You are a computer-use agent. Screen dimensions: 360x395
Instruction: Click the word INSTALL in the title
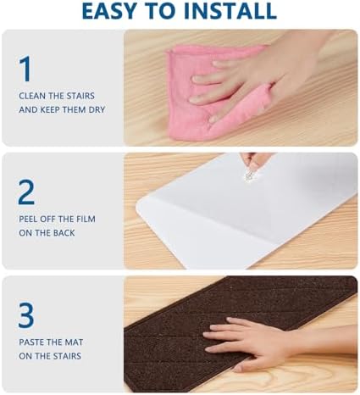(230, 11)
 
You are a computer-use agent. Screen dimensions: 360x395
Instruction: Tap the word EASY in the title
(108, 11)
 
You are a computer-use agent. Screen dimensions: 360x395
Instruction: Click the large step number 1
(26, 69)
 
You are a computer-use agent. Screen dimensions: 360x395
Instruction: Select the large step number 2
(26, 192)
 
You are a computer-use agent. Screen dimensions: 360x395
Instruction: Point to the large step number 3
(26, 315)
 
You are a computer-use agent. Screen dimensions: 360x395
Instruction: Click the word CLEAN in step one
(32, 96)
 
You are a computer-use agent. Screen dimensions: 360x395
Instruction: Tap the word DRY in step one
(97, 109)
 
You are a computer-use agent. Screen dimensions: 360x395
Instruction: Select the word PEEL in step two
(28, 219)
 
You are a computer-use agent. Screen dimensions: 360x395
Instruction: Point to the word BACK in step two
(64, 233)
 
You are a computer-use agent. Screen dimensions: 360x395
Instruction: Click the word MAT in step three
(74, 342)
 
